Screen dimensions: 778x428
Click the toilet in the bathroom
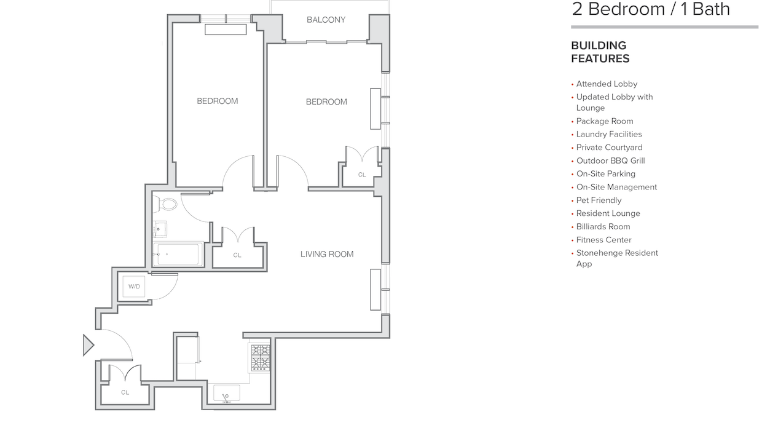pos(166,204)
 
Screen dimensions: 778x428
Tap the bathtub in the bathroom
pos(178,253)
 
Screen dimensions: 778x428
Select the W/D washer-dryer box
pos(134,287)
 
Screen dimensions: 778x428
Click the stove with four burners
pos(260,357)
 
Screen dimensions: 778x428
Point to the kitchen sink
pos(227,394)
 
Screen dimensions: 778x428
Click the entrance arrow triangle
pos(88,345)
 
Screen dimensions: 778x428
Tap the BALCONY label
pos(326,20)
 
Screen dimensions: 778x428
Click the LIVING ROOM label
pos(327,254)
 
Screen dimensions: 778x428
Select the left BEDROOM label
pos(217,101)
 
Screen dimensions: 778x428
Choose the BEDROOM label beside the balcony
pos(326,101)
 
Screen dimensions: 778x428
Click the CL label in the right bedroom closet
pos(362,175)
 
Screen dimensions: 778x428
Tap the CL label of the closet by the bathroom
pos(237,255)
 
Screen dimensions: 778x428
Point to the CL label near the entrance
pos(125,392)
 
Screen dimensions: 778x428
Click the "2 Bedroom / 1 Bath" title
pos(650,9)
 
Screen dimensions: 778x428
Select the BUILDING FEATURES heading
pos(600,52)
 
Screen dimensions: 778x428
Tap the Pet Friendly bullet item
pos(599,200)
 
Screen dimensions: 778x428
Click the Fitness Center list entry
pos(603,240)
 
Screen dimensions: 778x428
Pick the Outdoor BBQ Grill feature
pos(610,160)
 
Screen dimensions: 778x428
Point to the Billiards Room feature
pos(603,226)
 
